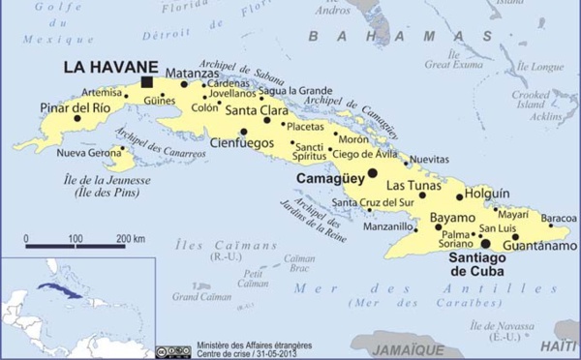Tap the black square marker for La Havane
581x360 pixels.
[147, 82]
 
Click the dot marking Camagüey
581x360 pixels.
[373, 173]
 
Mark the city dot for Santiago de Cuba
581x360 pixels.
[486, 244]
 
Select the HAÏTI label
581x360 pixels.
[559, 345]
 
